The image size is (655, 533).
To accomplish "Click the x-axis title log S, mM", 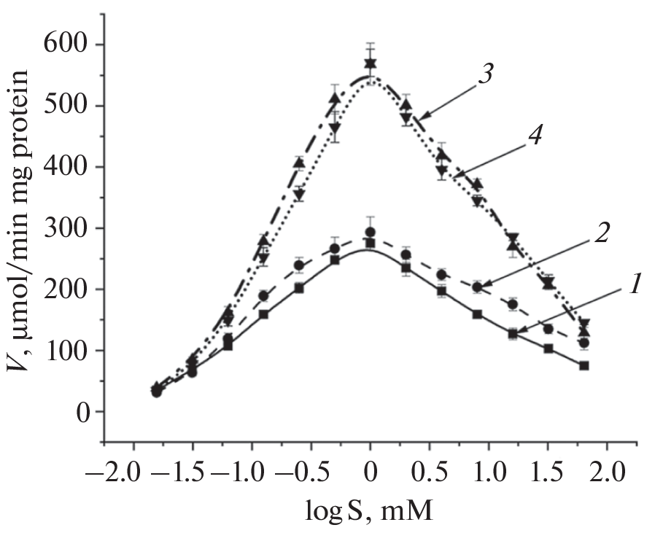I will click(369, 510).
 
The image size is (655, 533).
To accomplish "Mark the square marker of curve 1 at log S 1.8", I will click(584, 365).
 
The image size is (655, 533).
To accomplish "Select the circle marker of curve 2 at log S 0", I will click(370, 232).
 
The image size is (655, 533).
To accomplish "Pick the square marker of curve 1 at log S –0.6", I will click(298, 288).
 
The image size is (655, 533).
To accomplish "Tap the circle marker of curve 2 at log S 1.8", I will click(584, 343).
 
